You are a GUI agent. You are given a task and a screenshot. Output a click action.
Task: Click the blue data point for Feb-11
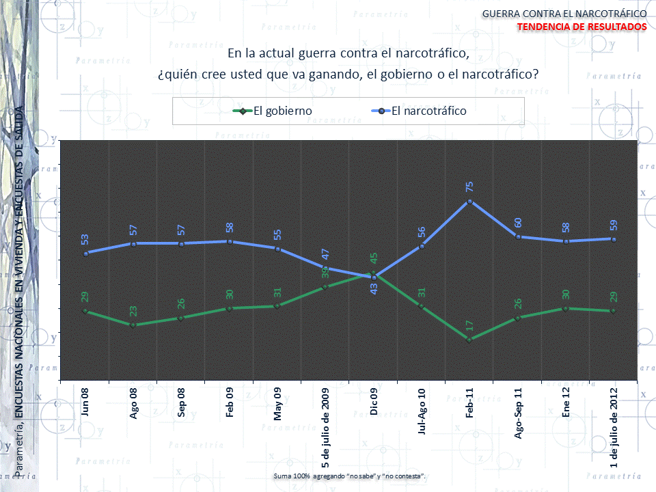[470, 202]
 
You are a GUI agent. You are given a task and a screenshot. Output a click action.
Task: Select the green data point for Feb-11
[470, 340]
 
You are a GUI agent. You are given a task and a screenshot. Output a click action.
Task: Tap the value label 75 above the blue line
[470, 186]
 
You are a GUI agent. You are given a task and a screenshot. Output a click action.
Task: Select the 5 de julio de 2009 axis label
[326, 428]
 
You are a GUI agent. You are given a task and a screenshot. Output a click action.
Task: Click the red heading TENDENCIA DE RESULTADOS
[582, 26]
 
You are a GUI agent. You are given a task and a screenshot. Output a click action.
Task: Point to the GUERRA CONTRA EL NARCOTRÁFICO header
[564, 13]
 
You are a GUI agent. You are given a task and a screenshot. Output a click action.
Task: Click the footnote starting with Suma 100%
[349, 475]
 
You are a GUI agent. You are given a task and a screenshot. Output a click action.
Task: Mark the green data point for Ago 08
[133, 325]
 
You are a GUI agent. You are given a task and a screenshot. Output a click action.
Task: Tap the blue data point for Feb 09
[230, 241]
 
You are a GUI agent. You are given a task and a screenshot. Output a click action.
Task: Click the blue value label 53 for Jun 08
[85, 239]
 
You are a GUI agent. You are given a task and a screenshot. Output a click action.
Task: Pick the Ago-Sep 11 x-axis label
[518, 409]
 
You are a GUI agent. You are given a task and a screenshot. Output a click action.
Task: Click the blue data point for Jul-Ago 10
[422, 246]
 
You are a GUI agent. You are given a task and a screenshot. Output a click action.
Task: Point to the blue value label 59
[614, 224]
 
